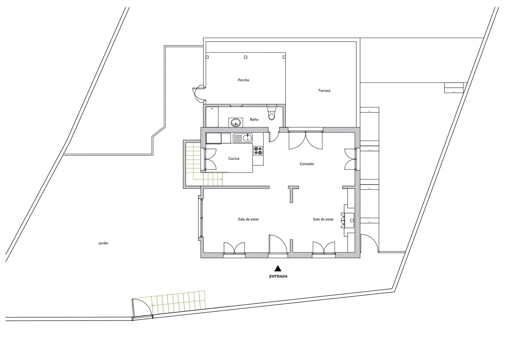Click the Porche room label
tap(243, 80)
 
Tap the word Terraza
tap(324, 91)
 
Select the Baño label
tap(254, 119)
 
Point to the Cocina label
tap(234, 158)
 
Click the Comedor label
tap(307, 164)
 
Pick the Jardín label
tap(103, 243)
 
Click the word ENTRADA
tap(278, 277)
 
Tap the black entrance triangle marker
tap(278, 268)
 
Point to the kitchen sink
tap(243, 138)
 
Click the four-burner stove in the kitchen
tap(258, 150)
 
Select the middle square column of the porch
tap(246, 57)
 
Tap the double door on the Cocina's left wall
tap(210, 159)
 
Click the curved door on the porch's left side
tap(198, 94)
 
